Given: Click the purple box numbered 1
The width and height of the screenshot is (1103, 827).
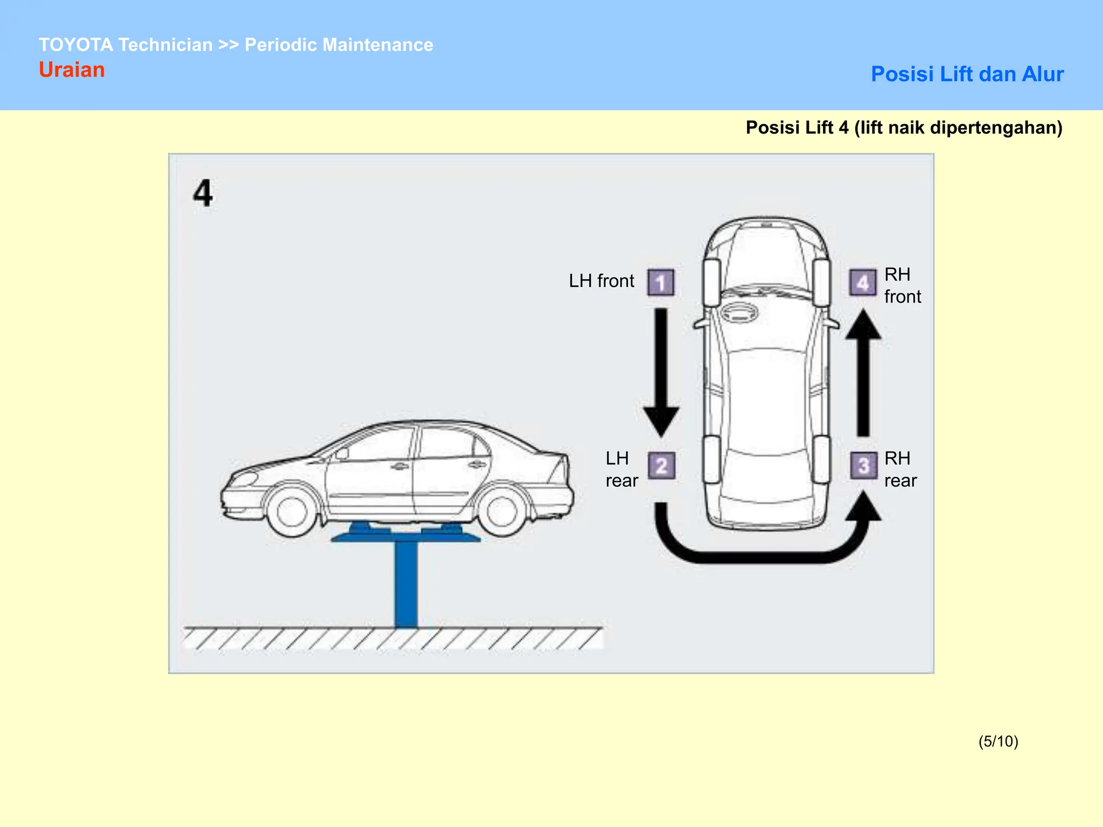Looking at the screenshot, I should (660, 283).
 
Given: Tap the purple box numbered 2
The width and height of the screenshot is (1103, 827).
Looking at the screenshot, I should (661, 466).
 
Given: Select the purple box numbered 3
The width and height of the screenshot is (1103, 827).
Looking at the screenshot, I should (863, 466).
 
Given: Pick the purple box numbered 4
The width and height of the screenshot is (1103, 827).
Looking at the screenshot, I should (862, 283).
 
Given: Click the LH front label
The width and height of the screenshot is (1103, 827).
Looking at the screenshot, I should (602, 281).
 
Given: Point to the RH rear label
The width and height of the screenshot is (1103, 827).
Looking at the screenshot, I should (900, 469).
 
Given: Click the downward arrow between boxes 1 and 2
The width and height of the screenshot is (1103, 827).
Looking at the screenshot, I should (661, 372).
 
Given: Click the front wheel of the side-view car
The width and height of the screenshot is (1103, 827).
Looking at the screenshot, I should (292, 510).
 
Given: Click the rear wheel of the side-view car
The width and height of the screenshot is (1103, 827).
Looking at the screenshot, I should (501, 510).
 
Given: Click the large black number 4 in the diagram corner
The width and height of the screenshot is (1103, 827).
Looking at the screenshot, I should (203, 193).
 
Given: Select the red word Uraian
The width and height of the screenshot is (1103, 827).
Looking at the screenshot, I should (72, 70).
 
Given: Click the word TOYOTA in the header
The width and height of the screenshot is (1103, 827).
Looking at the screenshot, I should (76, 45).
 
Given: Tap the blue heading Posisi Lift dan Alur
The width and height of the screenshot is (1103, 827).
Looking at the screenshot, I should (967, 74).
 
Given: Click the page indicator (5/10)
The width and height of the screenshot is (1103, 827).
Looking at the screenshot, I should (998, 741).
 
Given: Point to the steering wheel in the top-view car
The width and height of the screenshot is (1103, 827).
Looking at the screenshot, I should (740, 312).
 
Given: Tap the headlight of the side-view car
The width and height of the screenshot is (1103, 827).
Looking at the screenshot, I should (245, 479).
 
